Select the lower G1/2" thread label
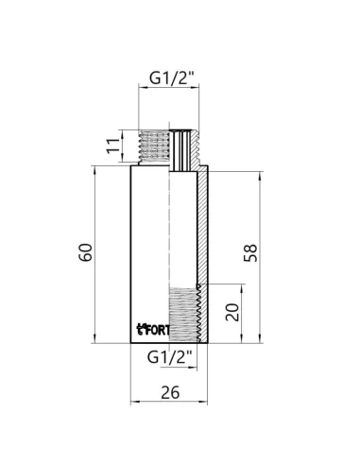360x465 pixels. coord(170,358)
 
